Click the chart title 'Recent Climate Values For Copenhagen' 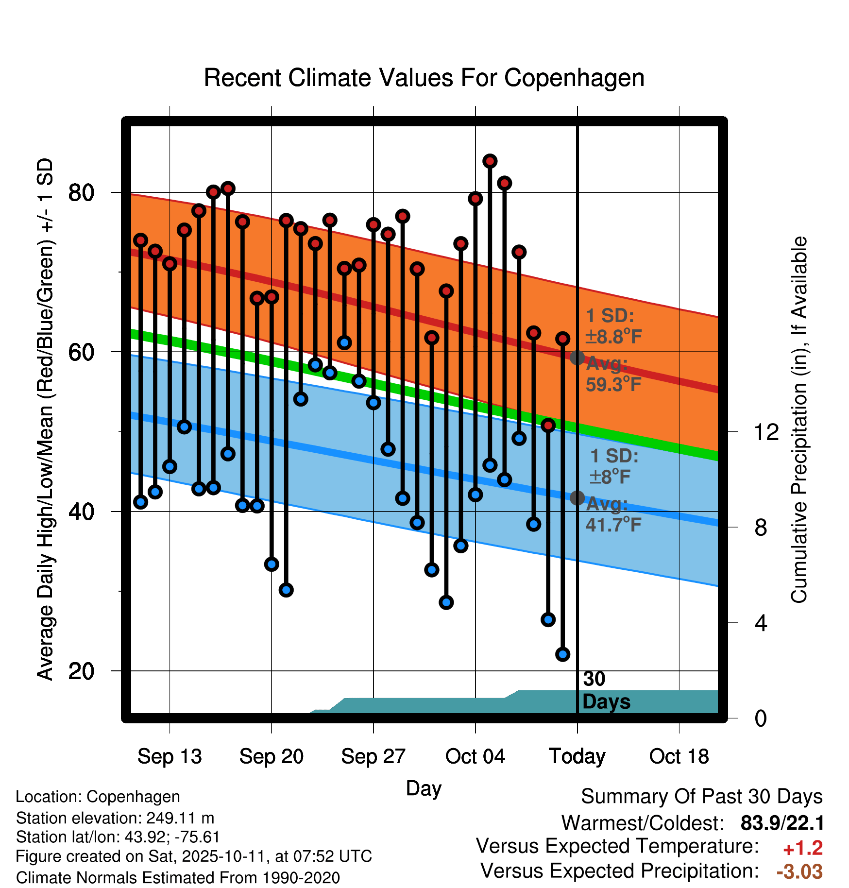pyautogui.click(x=424, y=78)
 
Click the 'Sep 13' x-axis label pyautogui.click(x=170, y=756)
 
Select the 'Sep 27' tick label pyautogui.click(x=373, y=756)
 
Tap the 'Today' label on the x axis pyautogui.click(x=577, y=756)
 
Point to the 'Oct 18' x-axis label pyautogui.click(x=679, y=756)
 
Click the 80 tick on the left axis pyautogui.click(x=81, y=193)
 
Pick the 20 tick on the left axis pyautogui.click(x=81, y=671)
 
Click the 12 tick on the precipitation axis pyautogui.click(x=766, y=432)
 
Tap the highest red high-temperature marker pyautogui.click(x=490, y=161)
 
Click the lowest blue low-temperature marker pyautogui.click(x=563, y=654)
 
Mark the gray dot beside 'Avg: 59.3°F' pyautogui.click(x=577, y=358)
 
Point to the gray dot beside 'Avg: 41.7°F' pyautogui.click(x=577, y=498)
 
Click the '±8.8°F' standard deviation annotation pyautogui.click(x=613, y=336)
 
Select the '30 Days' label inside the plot pyautogui.click(x=606, y=691)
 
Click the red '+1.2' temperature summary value pyautogui.click(x=802, y=848)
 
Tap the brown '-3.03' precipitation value pyautogui.click(x=799, y=871)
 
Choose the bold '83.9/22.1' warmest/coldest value pyautogui.click(x=782, y=823)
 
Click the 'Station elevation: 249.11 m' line pyautogui.click(x=115, y=818)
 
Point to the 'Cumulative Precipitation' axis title pyautogui.click(x=799, y=420)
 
